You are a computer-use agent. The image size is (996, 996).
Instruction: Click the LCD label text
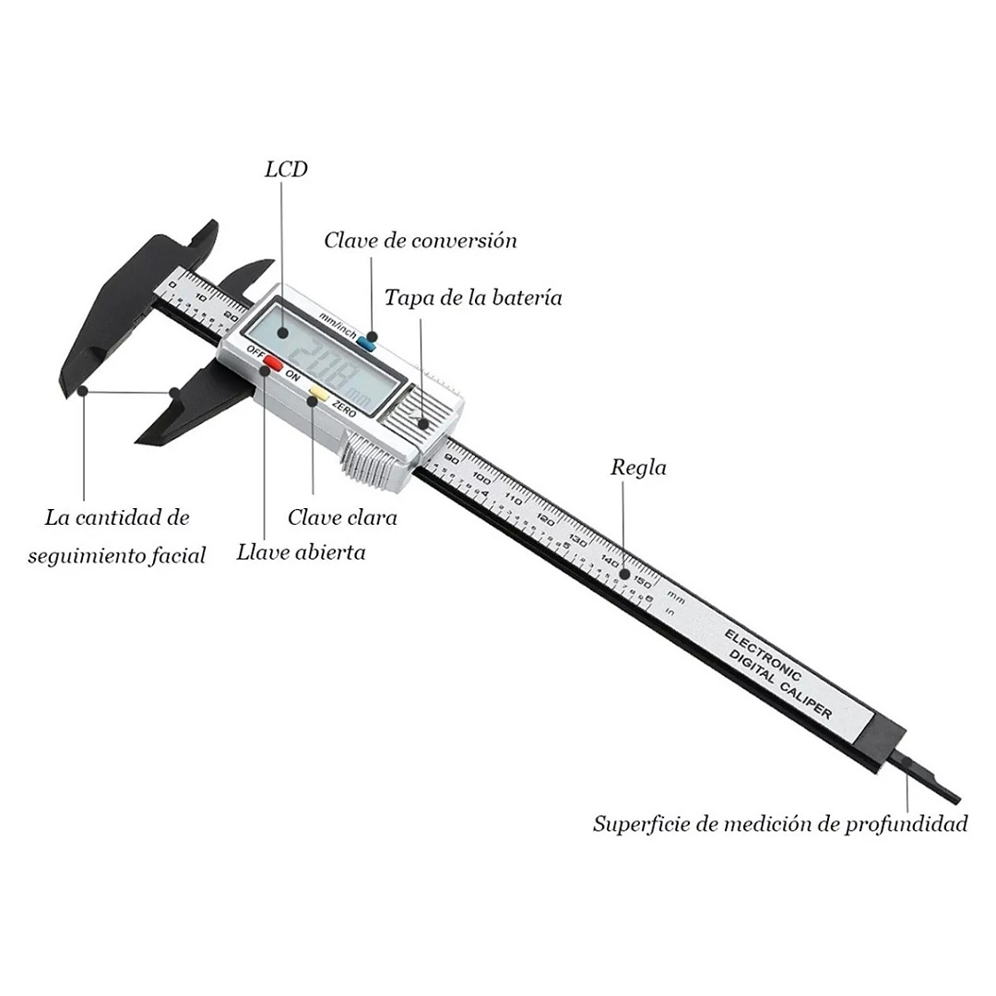[x=286, y=170]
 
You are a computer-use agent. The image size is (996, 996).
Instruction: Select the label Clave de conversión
[x=420, y=241]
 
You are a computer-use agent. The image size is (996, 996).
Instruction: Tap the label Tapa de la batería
[x=473, y=298]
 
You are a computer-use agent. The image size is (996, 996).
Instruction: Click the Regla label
[x=638, y=468]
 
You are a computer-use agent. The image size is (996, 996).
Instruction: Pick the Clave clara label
[x=342, y=517]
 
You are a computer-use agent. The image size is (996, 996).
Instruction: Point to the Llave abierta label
[x=301, y=552]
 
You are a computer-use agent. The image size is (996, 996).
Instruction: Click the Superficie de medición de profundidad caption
[x=780, y=824]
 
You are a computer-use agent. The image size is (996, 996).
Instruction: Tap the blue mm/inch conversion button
[x=367, y=342]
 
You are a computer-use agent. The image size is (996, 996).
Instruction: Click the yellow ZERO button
[x=318, y=394]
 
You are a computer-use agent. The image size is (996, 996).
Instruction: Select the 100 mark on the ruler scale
[x=482, y=479]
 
